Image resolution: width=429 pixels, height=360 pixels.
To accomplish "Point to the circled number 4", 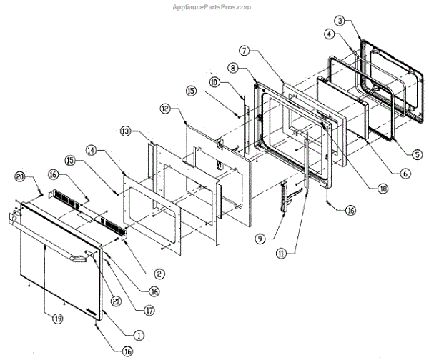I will [328, 34].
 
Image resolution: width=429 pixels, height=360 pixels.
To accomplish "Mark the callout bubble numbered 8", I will [233, 68].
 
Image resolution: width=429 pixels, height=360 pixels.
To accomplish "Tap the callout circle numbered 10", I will [214, 84].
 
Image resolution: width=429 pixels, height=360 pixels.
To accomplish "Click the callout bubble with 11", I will [285, 251].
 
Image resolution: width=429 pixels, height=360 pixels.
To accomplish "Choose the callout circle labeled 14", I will [91, 152].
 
